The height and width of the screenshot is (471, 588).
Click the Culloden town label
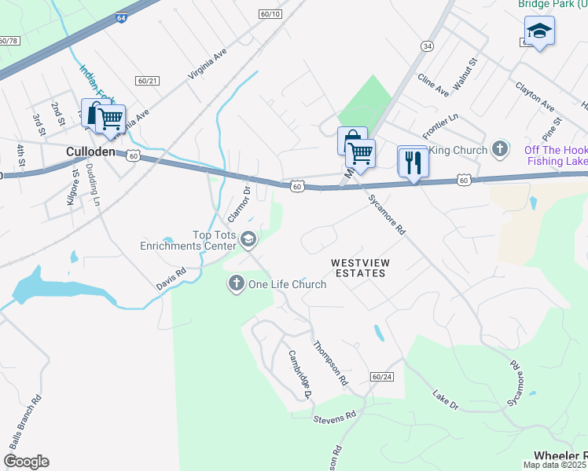91,151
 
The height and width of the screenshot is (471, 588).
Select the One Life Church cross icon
237,283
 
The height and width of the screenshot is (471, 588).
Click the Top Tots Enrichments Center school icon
248,239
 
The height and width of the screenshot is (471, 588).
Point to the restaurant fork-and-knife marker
413,162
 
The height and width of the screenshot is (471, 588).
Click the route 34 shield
427,46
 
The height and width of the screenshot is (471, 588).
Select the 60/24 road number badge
382,377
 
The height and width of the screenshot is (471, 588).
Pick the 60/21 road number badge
147,81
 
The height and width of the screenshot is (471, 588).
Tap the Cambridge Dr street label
299,374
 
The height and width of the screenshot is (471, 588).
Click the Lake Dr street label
445,399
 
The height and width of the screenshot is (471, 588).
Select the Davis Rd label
171,279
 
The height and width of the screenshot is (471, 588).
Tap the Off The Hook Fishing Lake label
555,155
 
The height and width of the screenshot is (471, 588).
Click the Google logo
26,462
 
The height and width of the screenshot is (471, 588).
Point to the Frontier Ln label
440,122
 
